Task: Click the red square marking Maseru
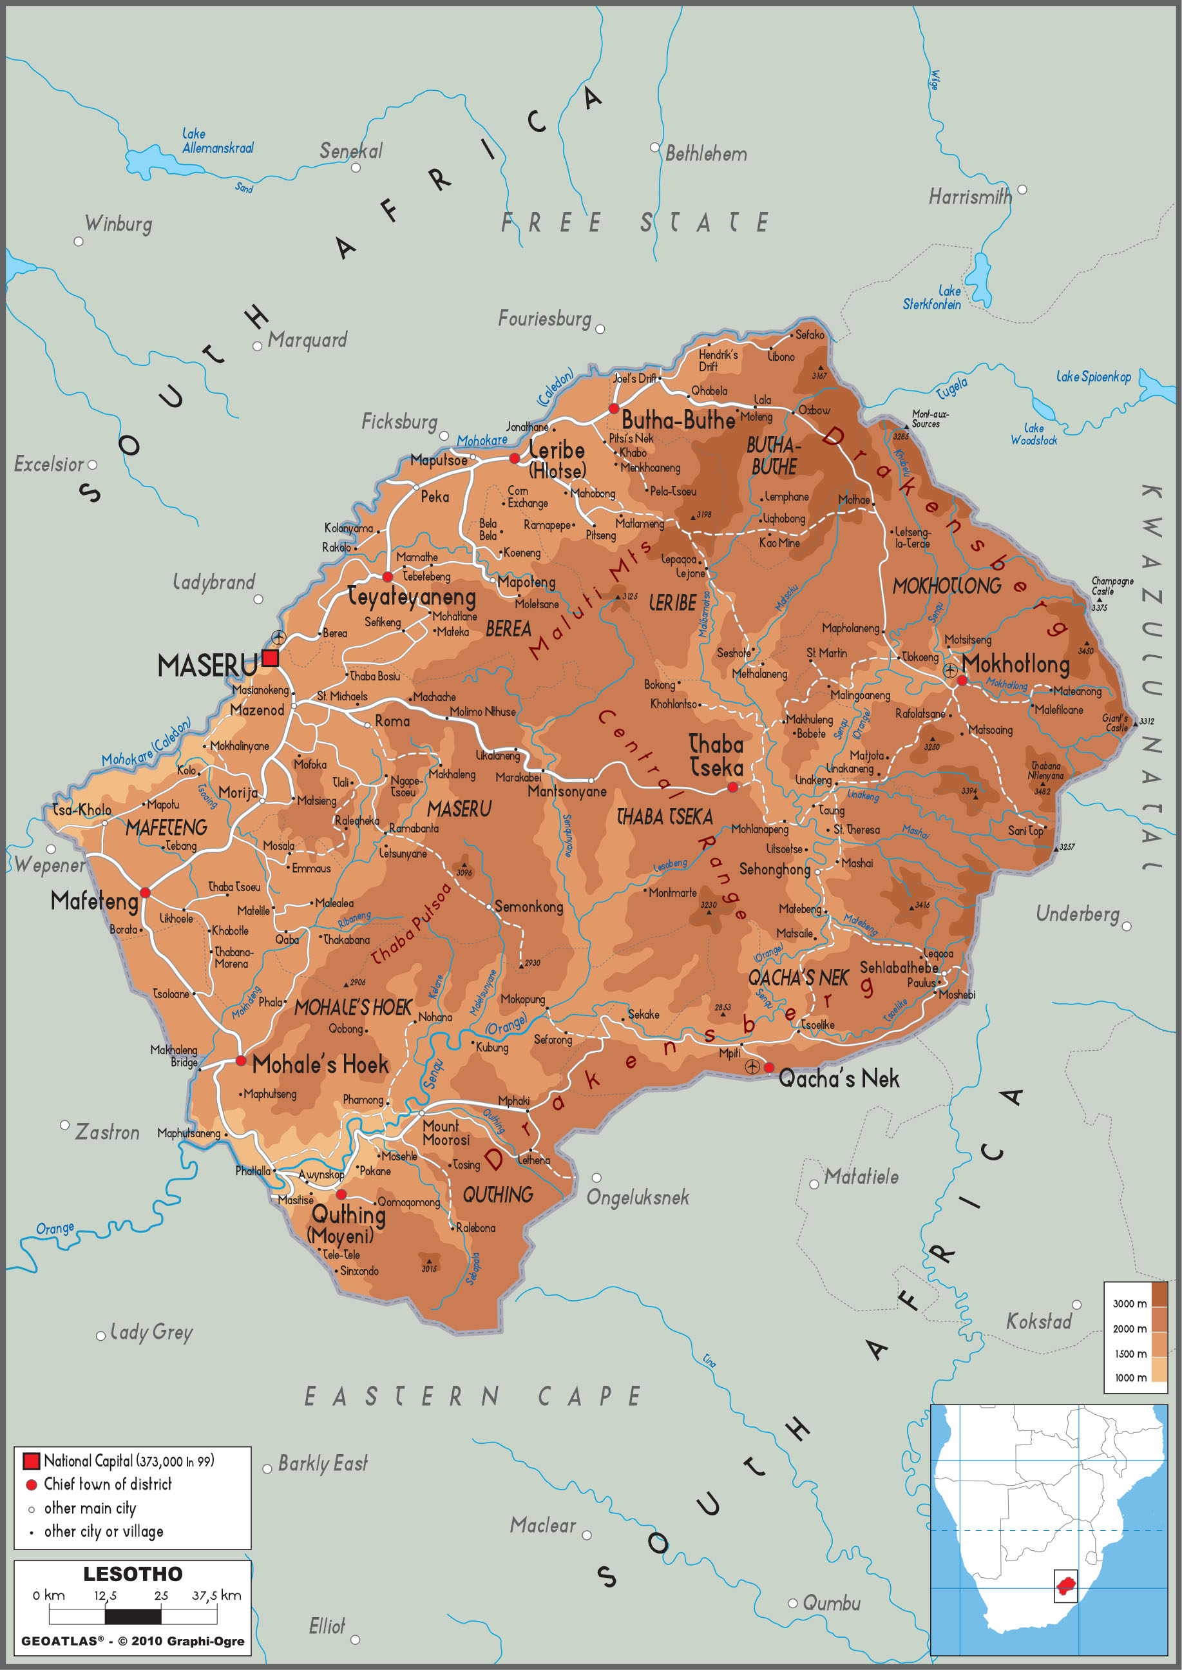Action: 270,658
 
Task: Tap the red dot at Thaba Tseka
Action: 733,787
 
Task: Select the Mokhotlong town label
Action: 1016,663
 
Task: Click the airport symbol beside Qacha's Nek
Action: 752,1066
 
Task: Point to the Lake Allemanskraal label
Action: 217,141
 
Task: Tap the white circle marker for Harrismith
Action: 1022,189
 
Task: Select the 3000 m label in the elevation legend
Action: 1129,1303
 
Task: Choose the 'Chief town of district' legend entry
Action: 108,1484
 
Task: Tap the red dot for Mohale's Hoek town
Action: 241,1061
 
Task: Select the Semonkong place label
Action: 528,907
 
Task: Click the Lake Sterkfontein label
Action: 932,298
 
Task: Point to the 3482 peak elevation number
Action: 1042,791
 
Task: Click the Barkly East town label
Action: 323,1463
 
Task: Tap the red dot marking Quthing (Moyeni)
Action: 341,1195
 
